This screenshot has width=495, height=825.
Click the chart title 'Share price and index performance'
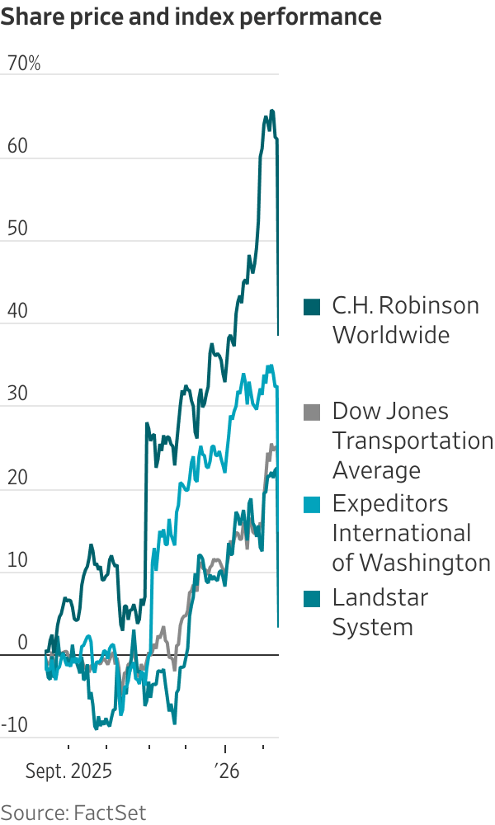click(191, 16)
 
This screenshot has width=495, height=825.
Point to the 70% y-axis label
click(24, 64)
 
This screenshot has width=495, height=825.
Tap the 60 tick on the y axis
click(16, 146)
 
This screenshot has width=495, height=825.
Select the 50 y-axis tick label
click(16, 229)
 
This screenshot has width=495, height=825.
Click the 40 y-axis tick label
click(16, 312)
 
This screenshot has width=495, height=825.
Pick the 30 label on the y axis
click(16, 394)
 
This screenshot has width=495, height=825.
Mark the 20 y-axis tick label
click(16, 478)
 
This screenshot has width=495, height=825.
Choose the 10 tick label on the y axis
click(16, 560)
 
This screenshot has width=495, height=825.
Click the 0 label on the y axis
click(22, 643)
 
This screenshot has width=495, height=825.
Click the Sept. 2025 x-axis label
click(68, 772)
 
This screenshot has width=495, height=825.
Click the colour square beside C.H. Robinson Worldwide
click(311, 307)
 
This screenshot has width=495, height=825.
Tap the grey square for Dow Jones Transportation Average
click(311, 412)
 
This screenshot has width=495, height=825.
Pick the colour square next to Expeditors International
click(311, 504)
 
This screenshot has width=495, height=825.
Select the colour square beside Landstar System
click(311, 598)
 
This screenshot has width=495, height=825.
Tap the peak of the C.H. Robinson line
click(272, 111)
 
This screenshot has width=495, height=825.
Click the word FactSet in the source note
click(110, 813)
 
